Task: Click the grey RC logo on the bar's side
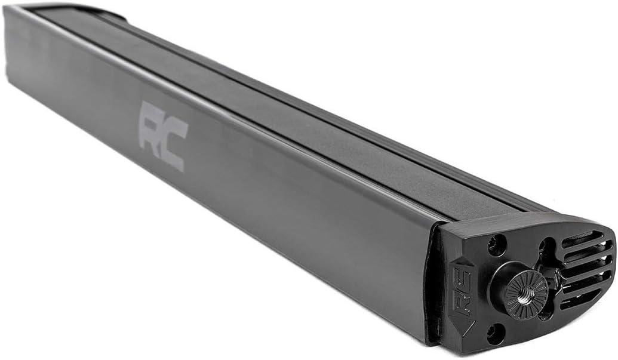click(x=164, y=136)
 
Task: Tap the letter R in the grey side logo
click(x=152, y=126)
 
